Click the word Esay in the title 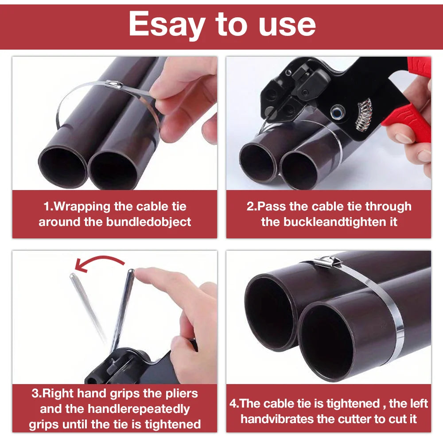click(x=167, y=25)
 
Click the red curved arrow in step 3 click(x=99, y=263)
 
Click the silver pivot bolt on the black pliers click(x=338, y=112)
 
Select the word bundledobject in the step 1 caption click(x=148, y=222)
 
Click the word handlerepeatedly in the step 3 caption click(x=139, y=409)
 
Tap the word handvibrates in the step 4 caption click(x=277, y=419)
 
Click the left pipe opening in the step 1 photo click(x=63, y=167)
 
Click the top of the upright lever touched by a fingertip click(x=131, y=271)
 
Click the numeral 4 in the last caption click(x=233, y=404)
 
